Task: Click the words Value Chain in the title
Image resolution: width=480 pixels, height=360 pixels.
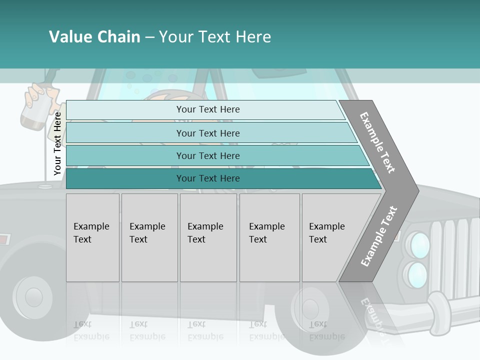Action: click(x=94, y=37)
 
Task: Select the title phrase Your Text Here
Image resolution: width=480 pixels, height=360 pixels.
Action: click(x=215, y=37)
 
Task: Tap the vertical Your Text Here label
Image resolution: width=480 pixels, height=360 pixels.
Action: click(x=57, y=143)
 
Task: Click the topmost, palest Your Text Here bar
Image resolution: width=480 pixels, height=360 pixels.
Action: click(x=208, y=109)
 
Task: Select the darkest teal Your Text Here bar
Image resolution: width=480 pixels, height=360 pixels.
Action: click(x=208, y=178)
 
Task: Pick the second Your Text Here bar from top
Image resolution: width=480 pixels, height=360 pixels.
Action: click(x=208, y=133)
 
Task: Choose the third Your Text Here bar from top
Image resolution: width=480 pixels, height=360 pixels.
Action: click(x=208, y=156)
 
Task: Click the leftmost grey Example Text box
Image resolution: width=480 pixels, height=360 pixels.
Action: click(x=92, y=237)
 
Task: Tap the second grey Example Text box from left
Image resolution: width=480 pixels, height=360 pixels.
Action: click(x=149, y=237)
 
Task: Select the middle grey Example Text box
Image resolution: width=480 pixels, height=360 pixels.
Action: click(x=208, y=237)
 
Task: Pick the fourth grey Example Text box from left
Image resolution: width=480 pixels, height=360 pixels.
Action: click(x=269, y=237)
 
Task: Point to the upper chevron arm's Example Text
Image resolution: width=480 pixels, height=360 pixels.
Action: click(x=377, y=142)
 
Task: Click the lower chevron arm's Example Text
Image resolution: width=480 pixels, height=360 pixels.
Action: click(x=379, y=236)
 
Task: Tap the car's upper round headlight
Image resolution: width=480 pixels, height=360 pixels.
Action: click(x=418, y=245)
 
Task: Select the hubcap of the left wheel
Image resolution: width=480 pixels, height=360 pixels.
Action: click(x=33, y=297)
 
